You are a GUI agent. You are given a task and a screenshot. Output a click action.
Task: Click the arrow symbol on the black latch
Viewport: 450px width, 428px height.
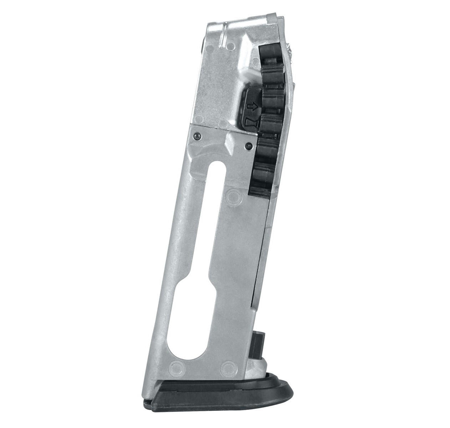(252, 106)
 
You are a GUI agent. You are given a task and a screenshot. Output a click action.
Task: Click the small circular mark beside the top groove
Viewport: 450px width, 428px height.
(230, 46)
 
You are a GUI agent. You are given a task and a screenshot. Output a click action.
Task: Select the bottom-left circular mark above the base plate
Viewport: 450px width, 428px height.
(176, 366)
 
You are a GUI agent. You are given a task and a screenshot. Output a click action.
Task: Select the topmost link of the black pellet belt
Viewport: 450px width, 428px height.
(270, 53)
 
